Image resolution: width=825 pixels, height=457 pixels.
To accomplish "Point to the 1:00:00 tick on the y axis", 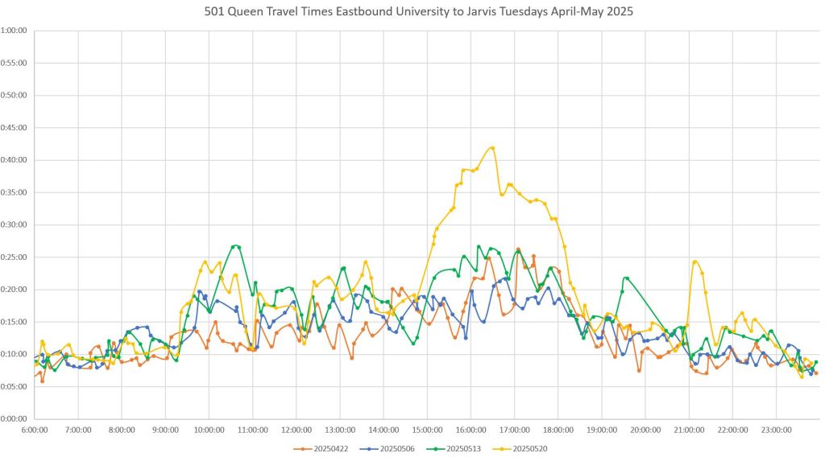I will [x=15, y=31].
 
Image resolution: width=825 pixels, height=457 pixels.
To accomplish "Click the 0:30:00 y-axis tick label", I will [x=15, y=224].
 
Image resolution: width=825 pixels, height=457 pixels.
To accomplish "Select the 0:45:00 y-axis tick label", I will [x=15, y=127].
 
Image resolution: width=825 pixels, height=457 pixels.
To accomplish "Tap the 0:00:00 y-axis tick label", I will [x=15, y=418].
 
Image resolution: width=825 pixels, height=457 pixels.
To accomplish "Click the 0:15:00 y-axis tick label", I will [x=15, y=322].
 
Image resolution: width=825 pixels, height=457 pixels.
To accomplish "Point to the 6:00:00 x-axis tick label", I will [x=35, y=430].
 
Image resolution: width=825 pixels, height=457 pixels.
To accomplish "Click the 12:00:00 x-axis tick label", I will [x=296, y=430].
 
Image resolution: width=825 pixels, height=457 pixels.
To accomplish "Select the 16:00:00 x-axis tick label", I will [x=471, y=430].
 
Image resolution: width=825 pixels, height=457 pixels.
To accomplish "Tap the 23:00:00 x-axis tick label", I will [x=776, y=430].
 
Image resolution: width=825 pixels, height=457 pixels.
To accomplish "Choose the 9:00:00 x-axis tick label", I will [x=165, y=430].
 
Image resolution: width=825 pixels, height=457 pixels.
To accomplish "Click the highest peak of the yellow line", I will [x=491, y=147].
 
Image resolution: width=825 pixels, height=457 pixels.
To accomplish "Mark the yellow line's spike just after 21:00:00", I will [x=694, y=261].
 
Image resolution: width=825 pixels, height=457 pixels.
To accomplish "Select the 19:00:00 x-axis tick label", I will [x=602, y=430].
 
